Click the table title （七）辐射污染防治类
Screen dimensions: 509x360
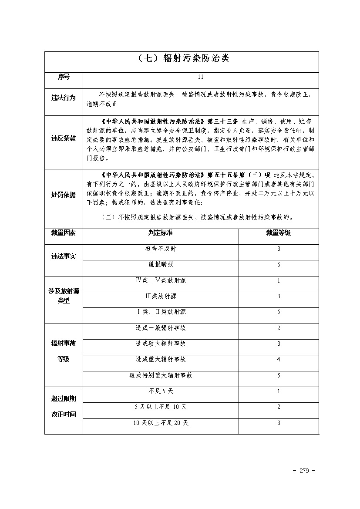click(181, 58)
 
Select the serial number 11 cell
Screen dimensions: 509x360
click(200, 77)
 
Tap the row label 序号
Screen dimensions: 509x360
click(64, 77)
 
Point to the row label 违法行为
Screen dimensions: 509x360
click(64, 98)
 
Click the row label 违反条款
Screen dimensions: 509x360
click(64, 138)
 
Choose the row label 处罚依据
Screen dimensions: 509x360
click(64, 195)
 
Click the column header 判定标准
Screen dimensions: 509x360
click(161, 233)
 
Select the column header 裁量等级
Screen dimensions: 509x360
click(279, 233)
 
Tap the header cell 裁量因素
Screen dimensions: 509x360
click(64, 233)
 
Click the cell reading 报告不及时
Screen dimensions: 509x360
click(161, 249)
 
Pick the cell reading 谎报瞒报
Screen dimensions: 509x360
click(161, 264)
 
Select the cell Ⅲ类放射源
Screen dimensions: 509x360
click(161, 296)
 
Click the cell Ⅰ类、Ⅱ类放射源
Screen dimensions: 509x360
click(161, 312)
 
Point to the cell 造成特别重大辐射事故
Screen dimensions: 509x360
click(161, 375)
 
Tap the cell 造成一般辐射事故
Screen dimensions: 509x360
click(161, 328)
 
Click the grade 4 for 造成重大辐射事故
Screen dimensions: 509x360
click(279, 360)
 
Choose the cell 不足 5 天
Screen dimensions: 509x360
click(161, 391)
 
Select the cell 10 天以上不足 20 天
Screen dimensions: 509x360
click(161, 423)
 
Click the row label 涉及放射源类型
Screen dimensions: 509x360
click(64, 296)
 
